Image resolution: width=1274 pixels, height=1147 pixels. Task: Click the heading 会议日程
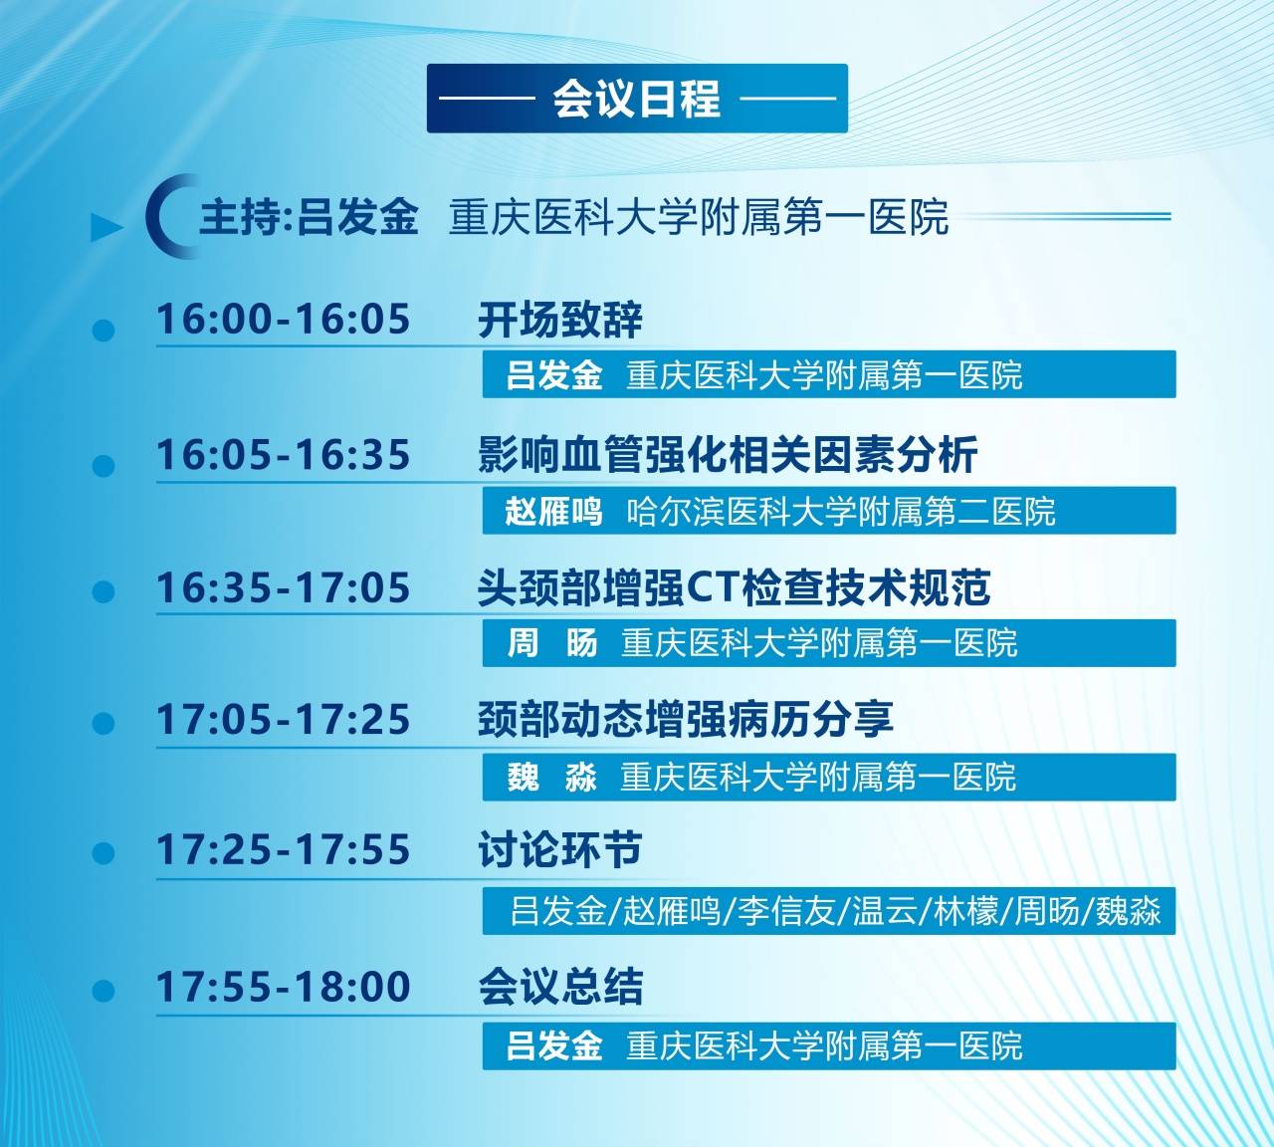coord(636,99)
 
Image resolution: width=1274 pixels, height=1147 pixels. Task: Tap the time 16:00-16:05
coord(284,319)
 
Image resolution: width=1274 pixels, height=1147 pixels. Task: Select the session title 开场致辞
coord(560,320)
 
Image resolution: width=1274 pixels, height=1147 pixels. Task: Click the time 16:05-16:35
coord(284,455)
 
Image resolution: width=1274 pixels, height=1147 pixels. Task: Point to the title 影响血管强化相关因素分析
coord(728,455)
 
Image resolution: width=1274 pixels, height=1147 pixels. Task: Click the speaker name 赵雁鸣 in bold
coord(553,512)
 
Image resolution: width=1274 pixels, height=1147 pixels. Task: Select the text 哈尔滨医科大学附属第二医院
coord(841,512)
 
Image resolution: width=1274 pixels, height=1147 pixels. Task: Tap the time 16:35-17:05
coord(284,587)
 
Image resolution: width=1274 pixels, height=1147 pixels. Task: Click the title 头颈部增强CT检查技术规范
coord(735,587)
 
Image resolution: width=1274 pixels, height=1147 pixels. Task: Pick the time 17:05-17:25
coord(284,719)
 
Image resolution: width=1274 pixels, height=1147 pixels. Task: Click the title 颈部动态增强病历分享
coord(686,719)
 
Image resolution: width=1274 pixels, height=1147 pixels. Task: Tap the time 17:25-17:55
coord(284,849)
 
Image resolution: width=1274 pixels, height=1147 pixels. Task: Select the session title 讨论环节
coord(560,849)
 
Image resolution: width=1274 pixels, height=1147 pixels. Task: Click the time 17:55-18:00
coord(284,987)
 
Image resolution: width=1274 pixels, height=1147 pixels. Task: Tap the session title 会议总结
coord(560,987)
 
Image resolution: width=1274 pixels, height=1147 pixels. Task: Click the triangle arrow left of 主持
coord(106,227)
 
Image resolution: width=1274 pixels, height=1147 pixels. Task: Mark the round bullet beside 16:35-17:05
coord(104,591)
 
